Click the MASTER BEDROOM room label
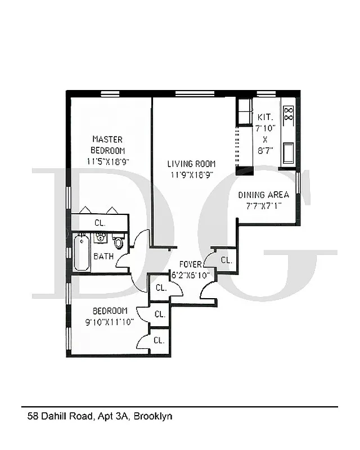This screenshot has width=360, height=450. point(107,145)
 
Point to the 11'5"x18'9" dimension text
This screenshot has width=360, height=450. point(107,161)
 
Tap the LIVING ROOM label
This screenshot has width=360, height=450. point(191,164)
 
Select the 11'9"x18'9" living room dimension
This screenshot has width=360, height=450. point(191,175)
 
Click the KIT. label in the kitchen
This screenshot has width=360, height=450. point(265,118)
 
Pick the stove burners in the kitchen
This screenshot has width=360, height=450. point(289,114)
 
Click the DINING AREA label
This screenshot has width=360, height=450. point(263,195)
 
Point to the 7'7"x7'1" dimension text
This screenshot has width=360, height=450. point(263,205)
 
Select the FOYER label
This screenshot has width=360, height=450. point(190,264)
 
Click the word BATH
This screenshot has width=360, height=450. point(103,256)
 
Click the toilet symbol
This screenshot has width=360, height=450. point(119,242)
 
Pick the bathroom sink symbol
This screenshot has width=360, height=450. point(101,238)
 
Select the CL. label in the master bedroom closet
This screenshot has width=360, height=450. point(100,223)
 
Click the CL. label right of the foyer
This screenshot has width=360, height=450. point(226,260)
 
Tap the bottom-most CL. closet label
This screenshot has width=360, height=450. point(159,340)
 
